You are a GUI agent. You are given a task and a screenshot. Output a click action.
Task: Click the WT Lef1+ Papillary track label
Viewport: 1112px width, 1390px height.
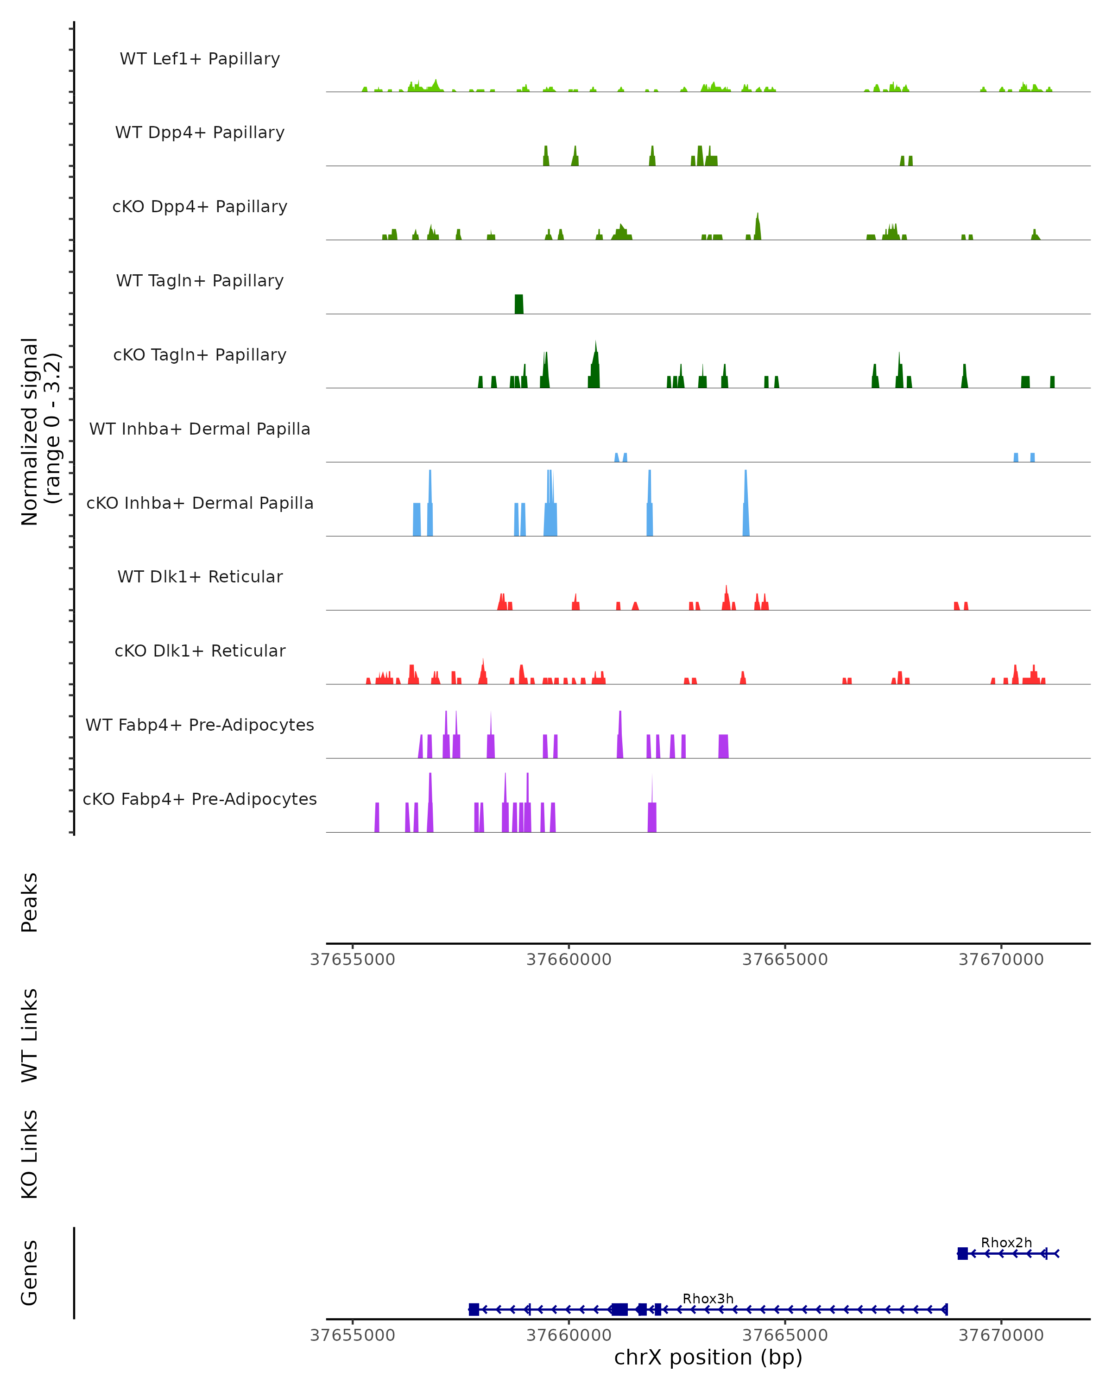point(200,59)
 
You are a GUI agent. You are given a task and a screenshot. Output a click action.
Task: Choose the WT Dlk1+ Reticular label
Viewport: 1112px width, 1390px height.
point(200,576)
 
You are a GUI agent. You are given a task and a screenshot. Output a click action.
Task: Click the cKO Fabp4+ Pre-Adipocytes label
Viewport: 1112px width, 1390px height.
point(200,799)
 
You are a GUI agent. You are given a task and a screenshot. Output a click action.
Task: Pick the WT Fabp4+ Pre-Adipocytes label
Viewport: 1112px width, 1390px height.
point(200,725)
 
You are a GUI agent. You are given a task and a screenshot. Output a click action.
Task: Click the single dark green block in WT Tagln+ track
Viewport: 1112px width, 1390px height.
point(519,304)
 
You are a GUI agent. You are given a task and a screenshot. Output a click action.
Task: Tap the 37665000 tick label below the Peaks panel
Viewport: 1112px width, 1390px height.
point(785,960)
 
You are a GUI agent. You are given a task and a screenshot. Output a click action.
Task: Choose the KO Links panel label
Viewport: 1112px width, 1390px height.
point(30,1154)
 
